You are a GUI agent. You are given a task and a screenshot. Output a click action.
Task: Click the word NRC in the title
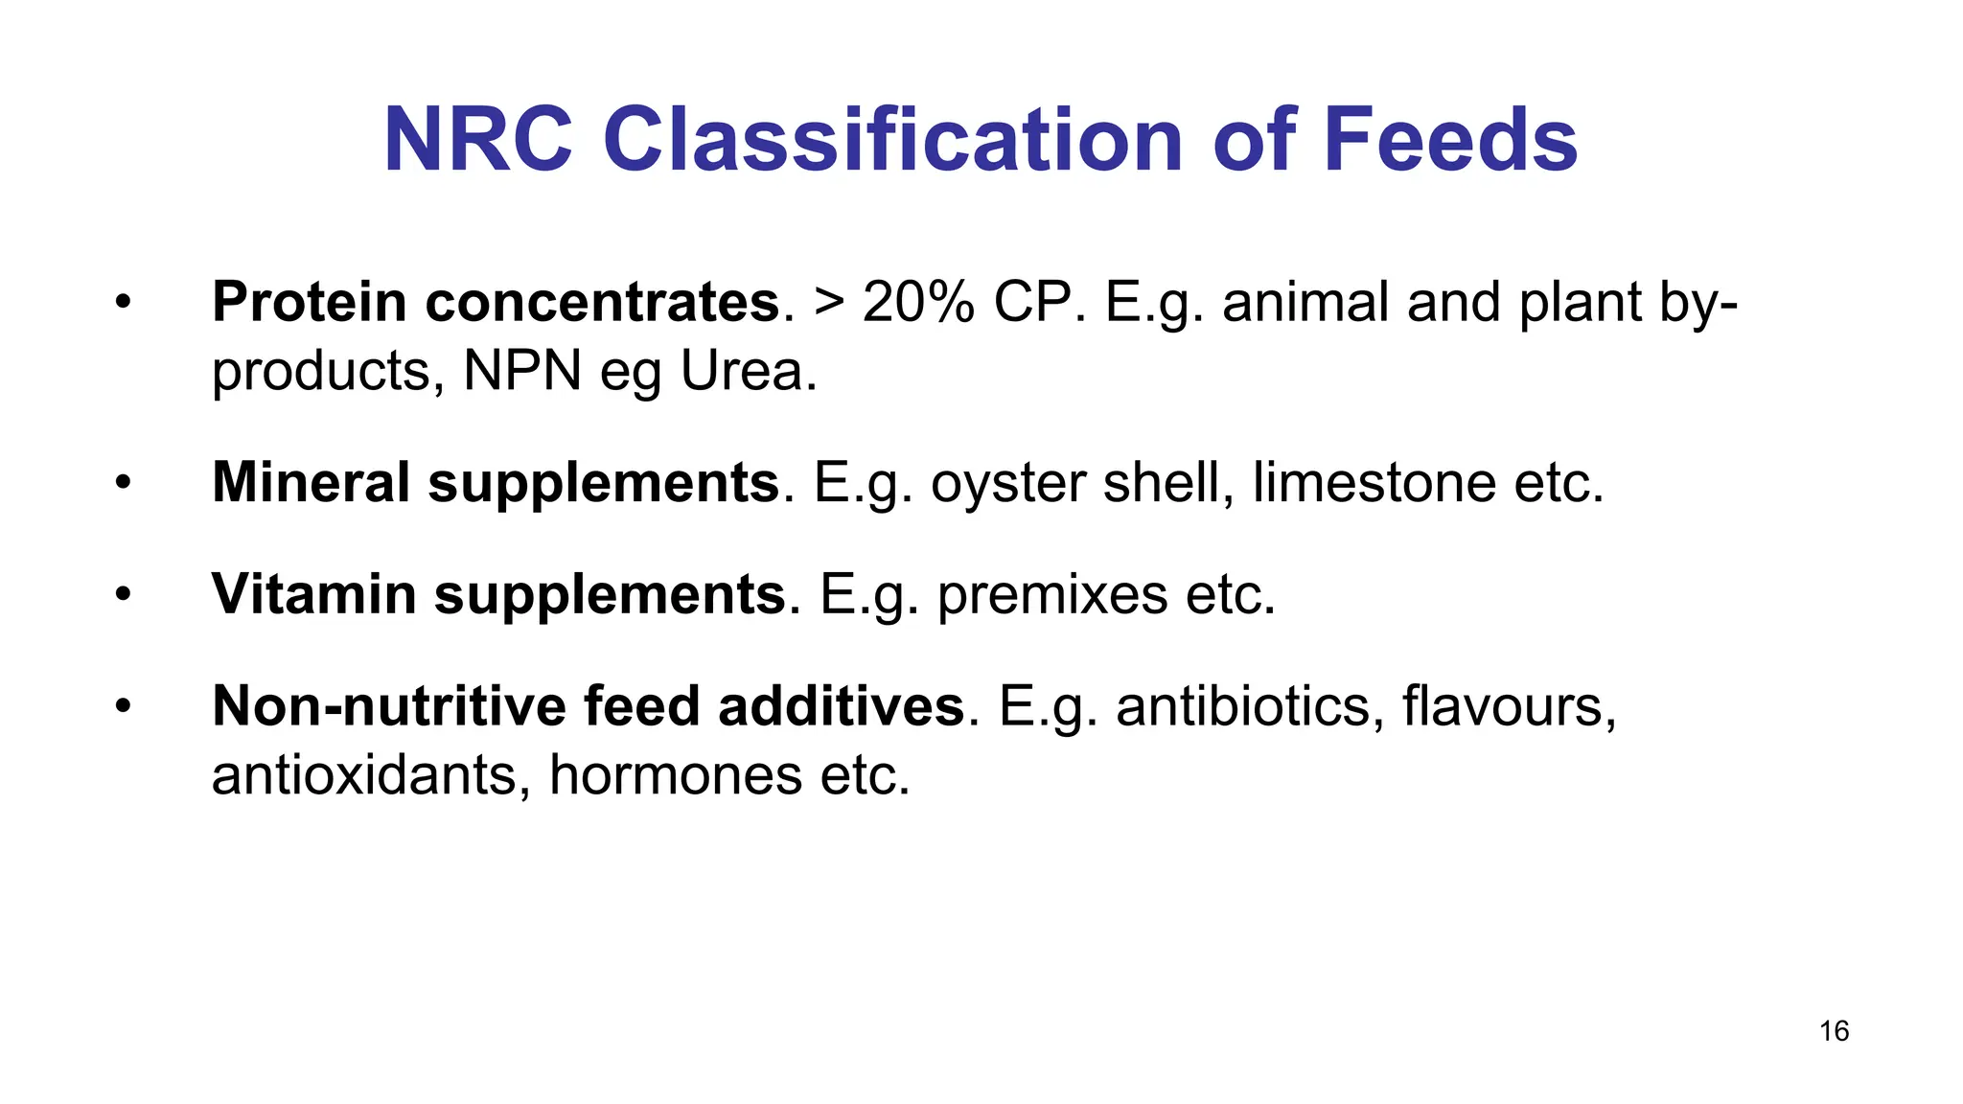tap(477, 140)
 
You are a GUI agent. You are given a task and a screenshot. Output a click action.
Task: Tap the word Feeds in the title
tap(1450, 140)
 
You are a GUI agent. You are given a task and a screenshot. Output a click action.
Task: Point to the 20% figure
tap(918, 302)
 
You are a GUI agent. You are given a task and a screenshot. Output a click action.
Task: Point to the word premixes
tap(1052, 595)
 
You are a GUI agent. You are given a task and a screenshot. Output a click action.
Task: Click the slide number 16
tap(1834, 1031)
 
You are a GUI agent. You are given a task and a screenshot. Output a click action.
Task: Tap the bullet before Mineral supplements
tap(122, 482)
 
